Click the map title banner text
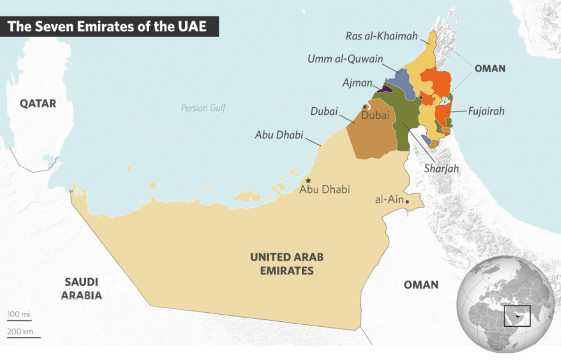coord(107,26)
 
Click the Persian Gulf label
coord(203,108)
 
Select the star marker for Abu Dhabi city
coord(308,180)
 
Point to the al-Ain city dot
coord(407,202)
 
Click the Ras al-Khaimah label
coord(382,36)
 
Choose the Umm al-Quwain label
coord(345,59)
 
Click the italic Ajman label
coord(357,83)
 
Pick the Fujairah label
coord(486,111)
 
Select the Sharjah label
coord(441,169)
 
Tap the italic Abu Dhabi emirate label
coord(279,135)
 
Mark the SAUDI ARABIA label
coord(81,288)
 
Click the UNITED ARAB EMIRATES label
coord(287,264)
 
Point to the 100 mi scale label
coord(19,315)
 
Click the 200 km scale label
coord(20,331)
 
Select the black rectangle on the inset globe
coord(517,316)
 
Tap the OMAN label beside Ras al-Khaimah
coord(490,69)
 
